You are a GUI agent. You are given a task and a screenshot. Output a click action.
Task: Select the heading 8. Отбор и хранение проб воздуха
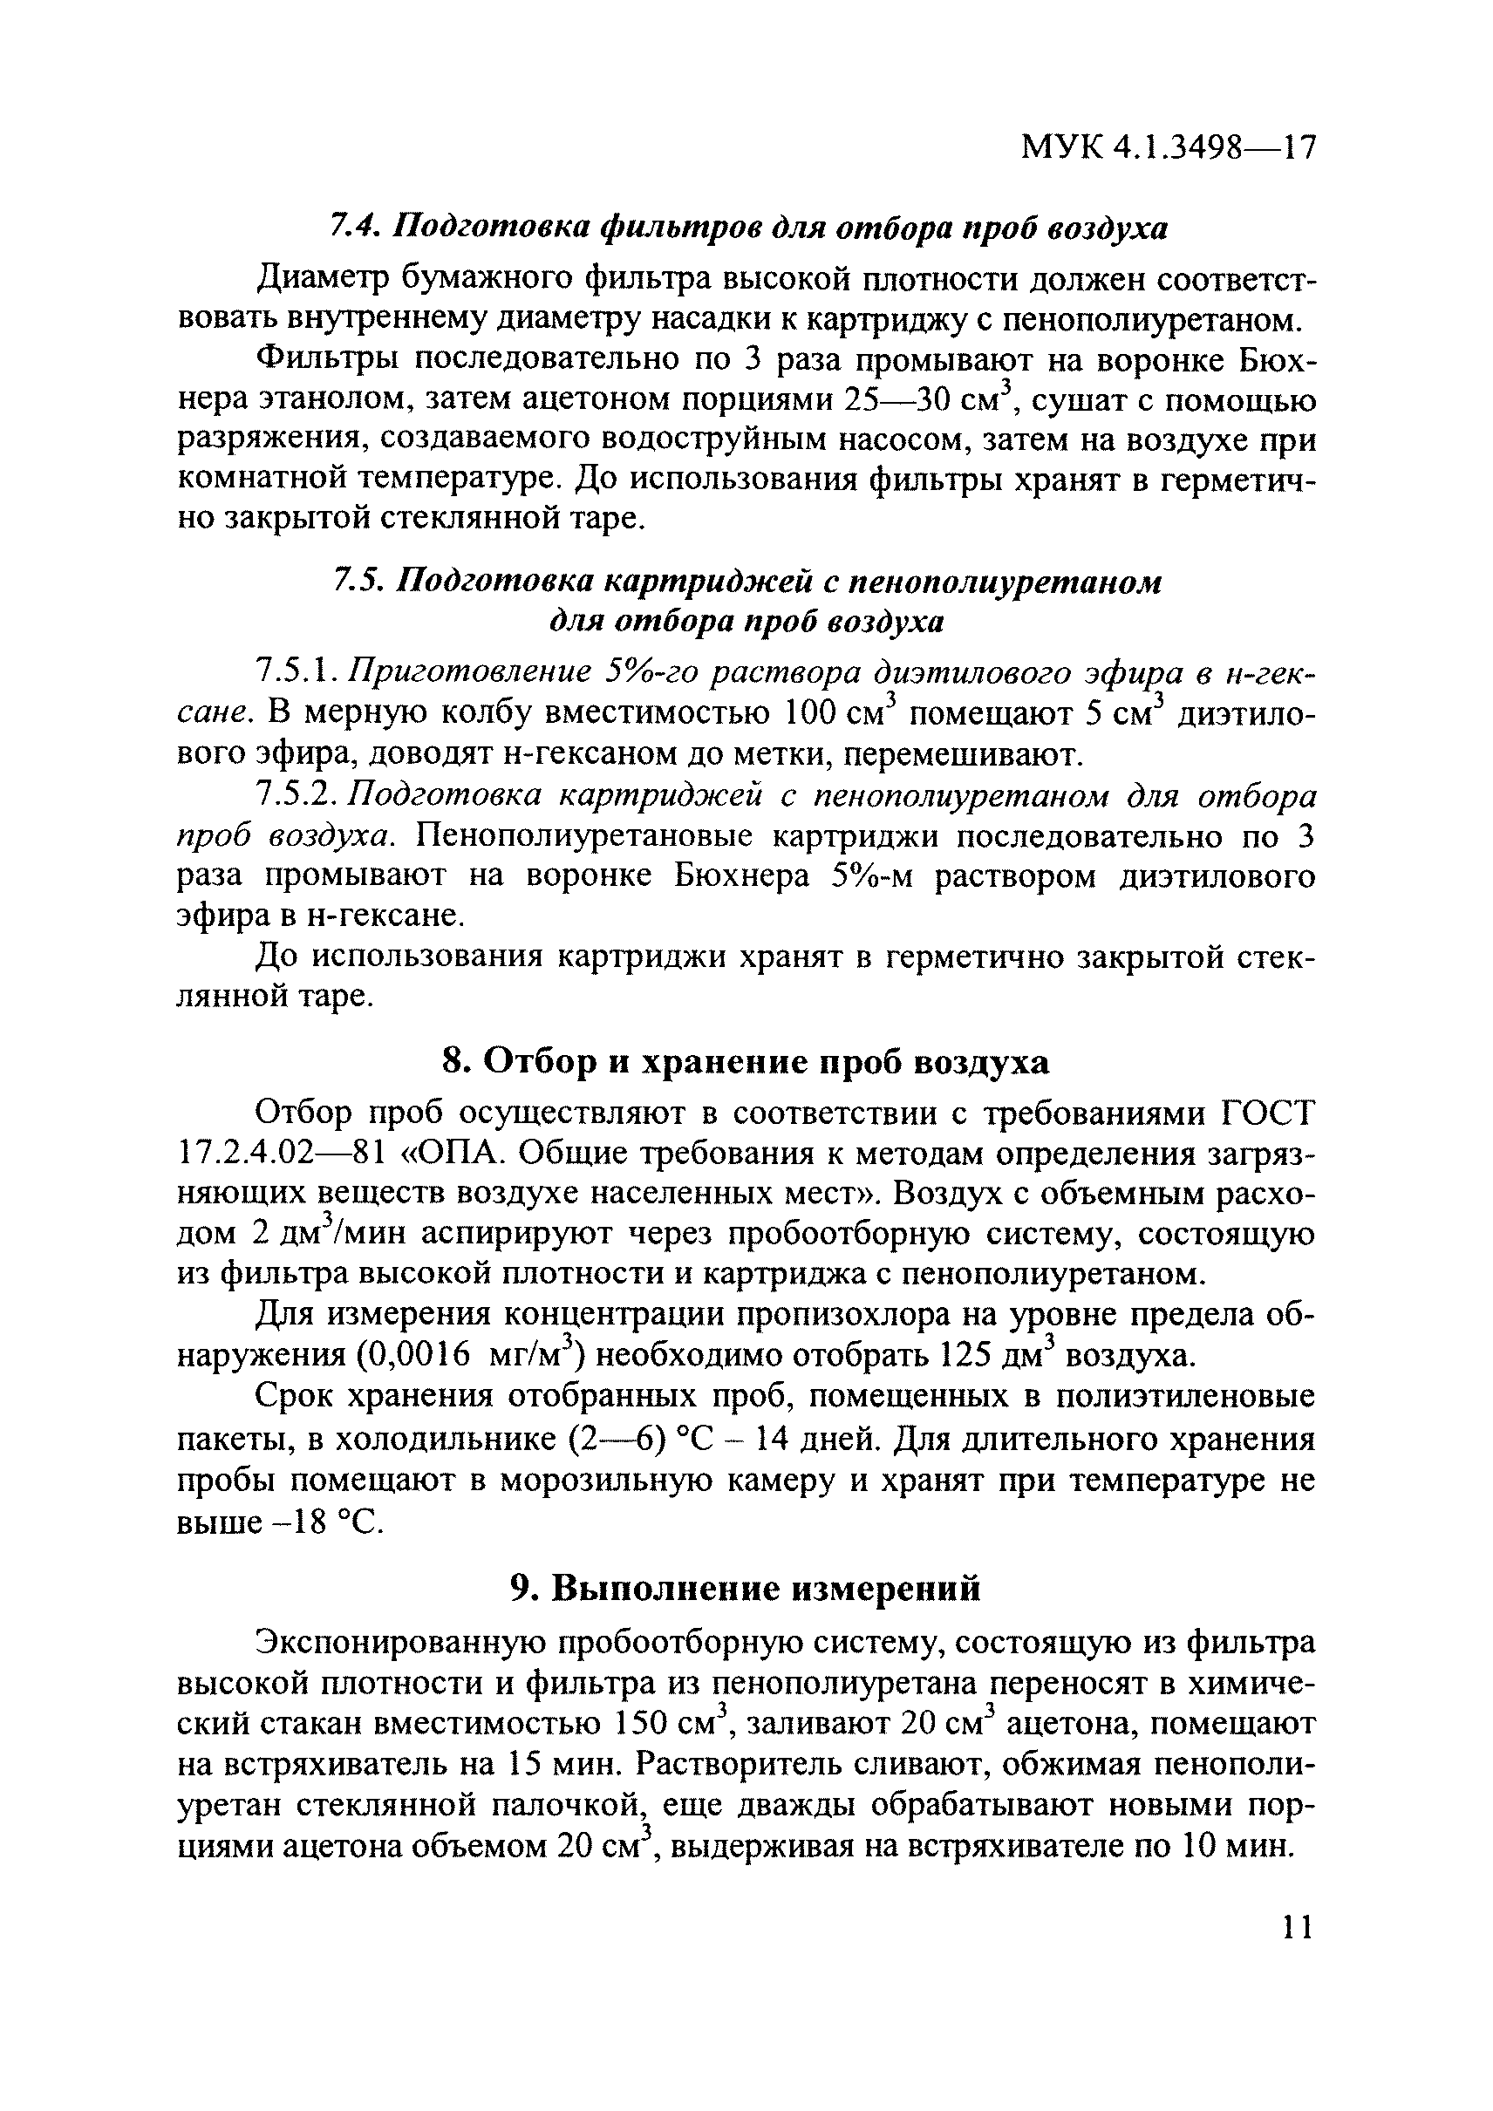(x=746, y=1062)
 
